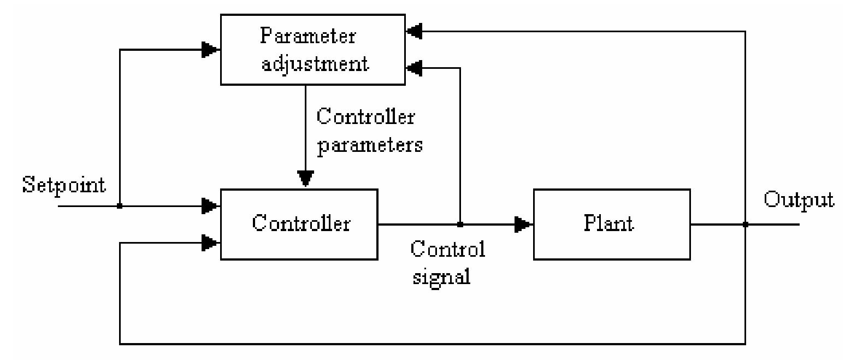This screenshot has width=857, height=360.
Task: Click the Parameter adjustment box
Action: pyautogui.click(x=312, y=50)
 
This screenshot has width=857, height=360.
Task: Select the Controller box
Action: pyautogui.click(x=299, y=224)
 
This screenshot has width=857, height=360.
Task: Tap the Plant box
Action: pyautogui.click(x=611, y=224)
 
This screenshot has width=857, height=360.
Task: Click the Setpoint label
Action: pyautogui.click(x=63, y=185)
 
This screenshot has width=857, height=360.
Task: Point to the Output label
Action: pyautogui.click(x=799, y=200)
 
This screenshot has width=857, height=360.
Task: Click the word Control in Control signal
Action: pyautogui.click(x=447, y=249)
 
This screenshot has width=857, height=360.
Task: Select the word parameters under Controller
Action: pyautogui.click(x=370, y=145)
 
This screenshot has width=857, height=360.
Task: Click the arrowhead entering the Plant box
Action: pyautogui.click(x=523, y=224)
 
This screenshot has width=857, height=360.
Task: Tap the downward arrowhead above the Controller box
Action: pyautogui.click(x=305, y=179)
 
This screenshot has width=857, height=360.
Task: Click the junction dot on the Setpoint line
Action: pyautogui.click(x=120, y=206)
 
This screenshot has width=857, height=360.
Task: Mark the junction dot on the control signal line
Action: pyautogui.click(x=460, y=224)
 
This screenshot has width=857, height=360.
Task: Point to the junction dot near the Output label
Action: pyautogui.click(x=745, y=224)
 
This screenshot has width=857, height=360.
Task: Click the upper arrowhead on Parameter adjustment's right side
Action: pyautogui.click(x=415, y=32)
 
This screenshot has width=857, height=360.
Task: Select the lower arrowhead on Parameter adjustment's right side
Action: pyautogui.click(x=415, y=68)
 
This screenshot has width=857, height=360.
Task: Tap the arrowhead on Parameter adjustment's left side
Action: pyautogui.click(x=210, y=50)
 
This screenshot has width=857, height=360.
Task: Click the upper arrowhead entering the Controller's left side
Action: pyautogui.click(x=210, y=206)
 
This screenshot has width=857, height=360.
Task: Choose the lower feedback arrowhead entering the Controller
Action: pyautogui.click(x=210, y=243)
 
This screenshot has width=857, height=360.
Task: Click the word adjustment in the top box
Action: pyautogui.click(x=315, y=64)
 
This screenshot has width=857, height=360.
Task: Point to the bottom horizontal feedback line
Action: pyautogui.click(x=432, y=344)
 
